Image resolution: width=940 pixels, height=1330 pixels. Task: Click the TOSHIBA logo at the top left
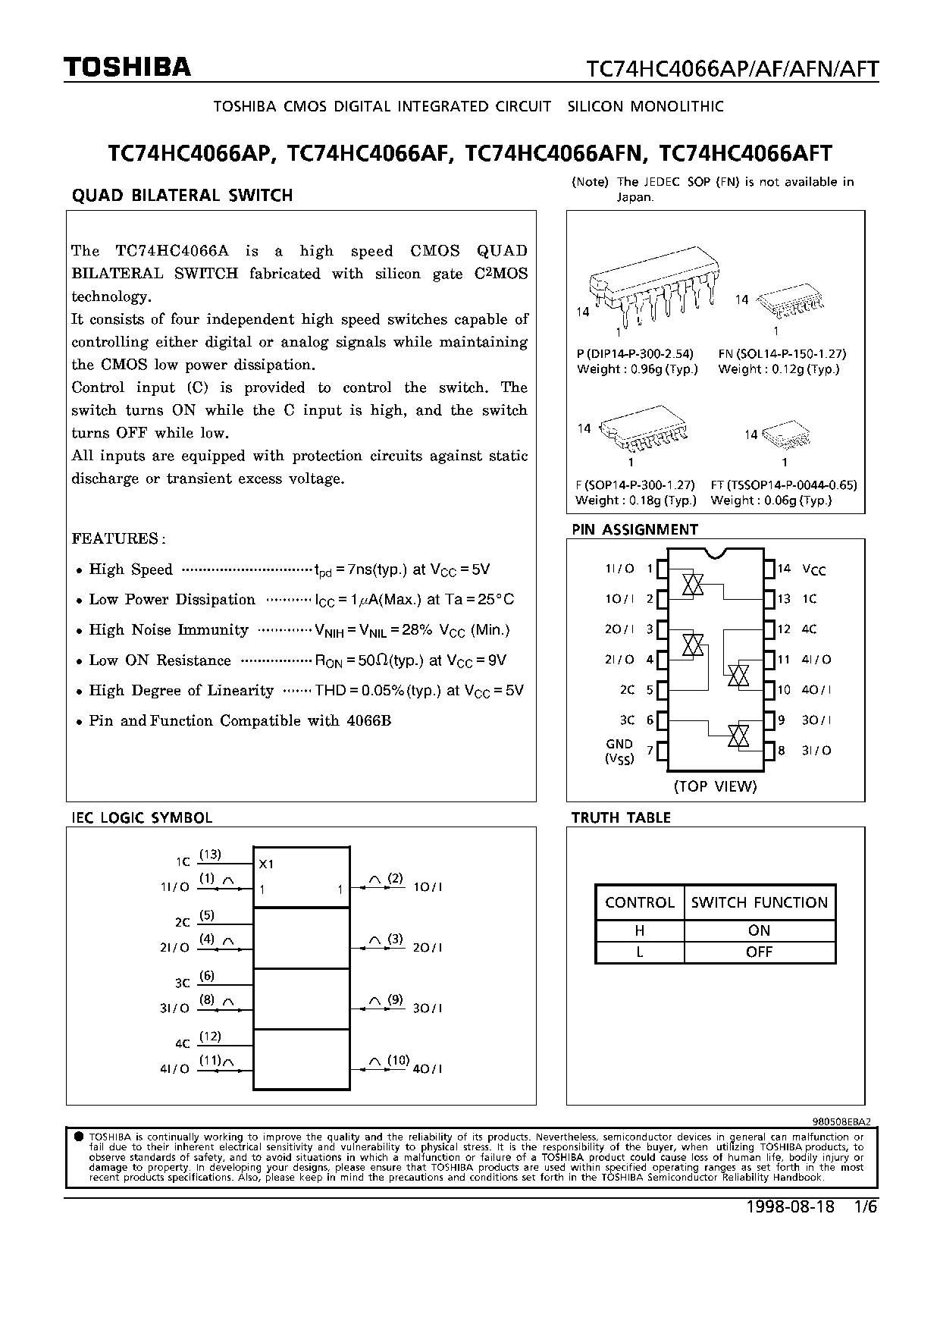click(x=127, y=68)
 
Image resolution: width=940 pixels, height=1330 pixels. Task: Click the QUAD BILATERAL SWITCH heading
click(x=182, y=196)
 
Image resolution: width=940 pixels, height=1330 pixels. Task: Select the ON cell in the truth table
click(x=759, y=930)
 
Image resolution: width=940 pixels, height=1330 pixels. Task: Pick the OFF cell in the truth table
click(x=759, y=952)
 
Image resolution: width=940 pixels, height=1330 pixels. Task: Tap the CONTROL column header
click(x=640, y=902)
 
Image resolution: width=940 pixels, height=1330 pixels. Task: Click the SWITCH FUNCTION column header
click(x=759, y=902)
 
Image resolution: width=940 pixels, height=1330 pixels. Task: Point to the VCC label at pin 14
click(x=814, y=569)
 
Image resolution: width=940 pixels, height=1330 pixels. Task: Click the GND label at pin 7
click(x=619, y=745)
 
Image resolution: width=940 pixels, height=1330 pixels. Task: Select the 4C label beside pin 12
click(x=809, y=629)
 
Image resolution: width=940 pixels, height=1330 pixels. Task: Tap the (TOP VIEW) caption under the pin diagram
click(x=715, y=786)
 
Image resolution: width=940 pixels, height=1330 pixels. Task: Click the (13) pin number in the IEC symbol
click(x=210, y=855)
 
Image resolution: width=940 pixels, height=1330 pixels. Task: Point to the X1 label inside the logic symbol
click(x=266, y=864)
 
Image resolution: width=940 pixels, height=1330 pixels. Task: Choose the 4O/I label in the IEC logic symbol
click(x=428, y=1069)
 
